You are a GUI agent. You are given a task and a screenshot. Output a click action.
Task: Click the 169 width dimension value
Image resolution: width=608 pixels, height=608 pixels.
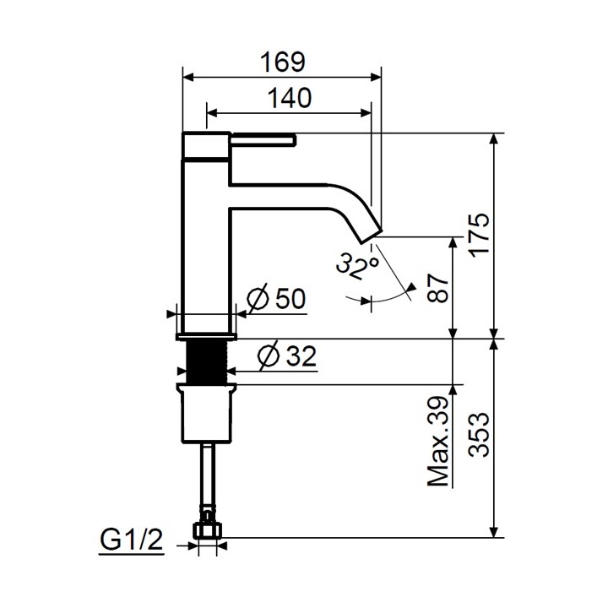click(x=283, y=62)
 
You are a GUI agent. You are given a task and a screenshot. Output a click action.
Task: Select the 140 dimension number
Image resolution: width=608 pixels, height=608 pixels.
click(x=290, y=98)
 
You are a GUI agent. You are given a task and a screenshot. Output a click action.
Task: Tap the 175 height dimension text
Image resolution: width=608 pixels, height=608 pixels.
click(x=478, y=236)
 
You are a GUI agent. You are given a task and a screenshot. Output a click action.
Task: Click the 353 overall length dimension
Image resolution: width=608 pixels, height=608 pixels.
click(x=478, y=434)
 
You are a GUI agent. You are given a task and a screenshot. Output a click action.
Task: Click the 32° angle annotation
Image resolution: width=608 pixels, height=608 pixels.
click(x=356, y=266)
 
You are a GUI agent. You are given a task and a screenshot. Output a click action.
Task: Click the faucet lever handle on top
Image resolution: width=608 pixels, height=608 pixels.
click(x=262, y=138)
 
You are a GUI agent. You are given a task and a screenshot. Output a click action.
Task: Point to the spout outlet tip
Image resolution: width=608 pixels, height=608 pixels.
click(x=371, y=229)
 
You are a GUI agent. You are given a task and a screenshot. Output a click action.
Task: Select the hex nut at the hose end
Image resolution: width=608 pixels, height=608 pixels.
click(x=206, y=529)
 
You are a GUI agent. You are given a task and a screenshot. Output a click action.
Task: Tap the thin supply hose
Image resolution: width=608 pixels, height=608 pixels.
click(x=206, y=477)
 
